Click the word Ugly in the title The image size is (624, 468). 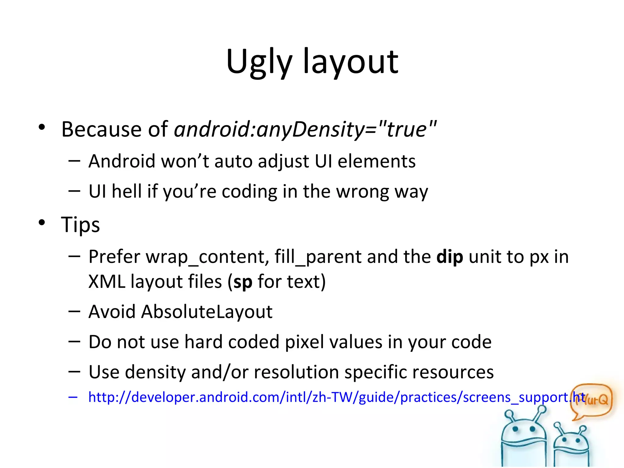(x=259, y=62)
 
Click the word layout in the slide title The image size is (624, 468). (x=350, y=62)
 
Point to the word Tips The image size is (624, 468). (x=80, y=225)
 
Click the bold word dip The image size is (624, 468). (x=450, y=257)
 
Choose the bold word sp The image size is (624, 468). (x=243, y=282)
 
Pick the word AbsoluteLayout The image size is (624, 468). (x=207, y=312)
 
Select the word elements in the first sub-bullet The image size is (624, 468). (x=377, y=161)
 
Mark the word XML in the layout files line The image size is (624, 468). (x=107, y=282)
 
